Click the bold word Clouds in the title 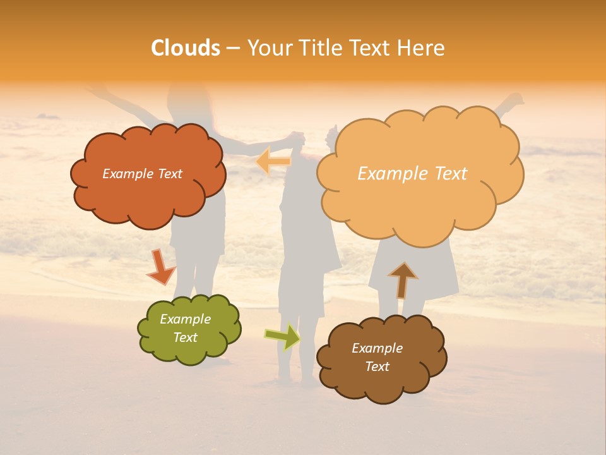click(x=185, y=48)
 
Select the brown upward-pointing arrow click(x=402, y=279)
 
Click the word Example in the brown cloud click(x=377, y=348)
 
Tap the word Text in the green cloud click(x=186, y=337)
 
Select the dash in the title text click(x=232, y=48)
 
